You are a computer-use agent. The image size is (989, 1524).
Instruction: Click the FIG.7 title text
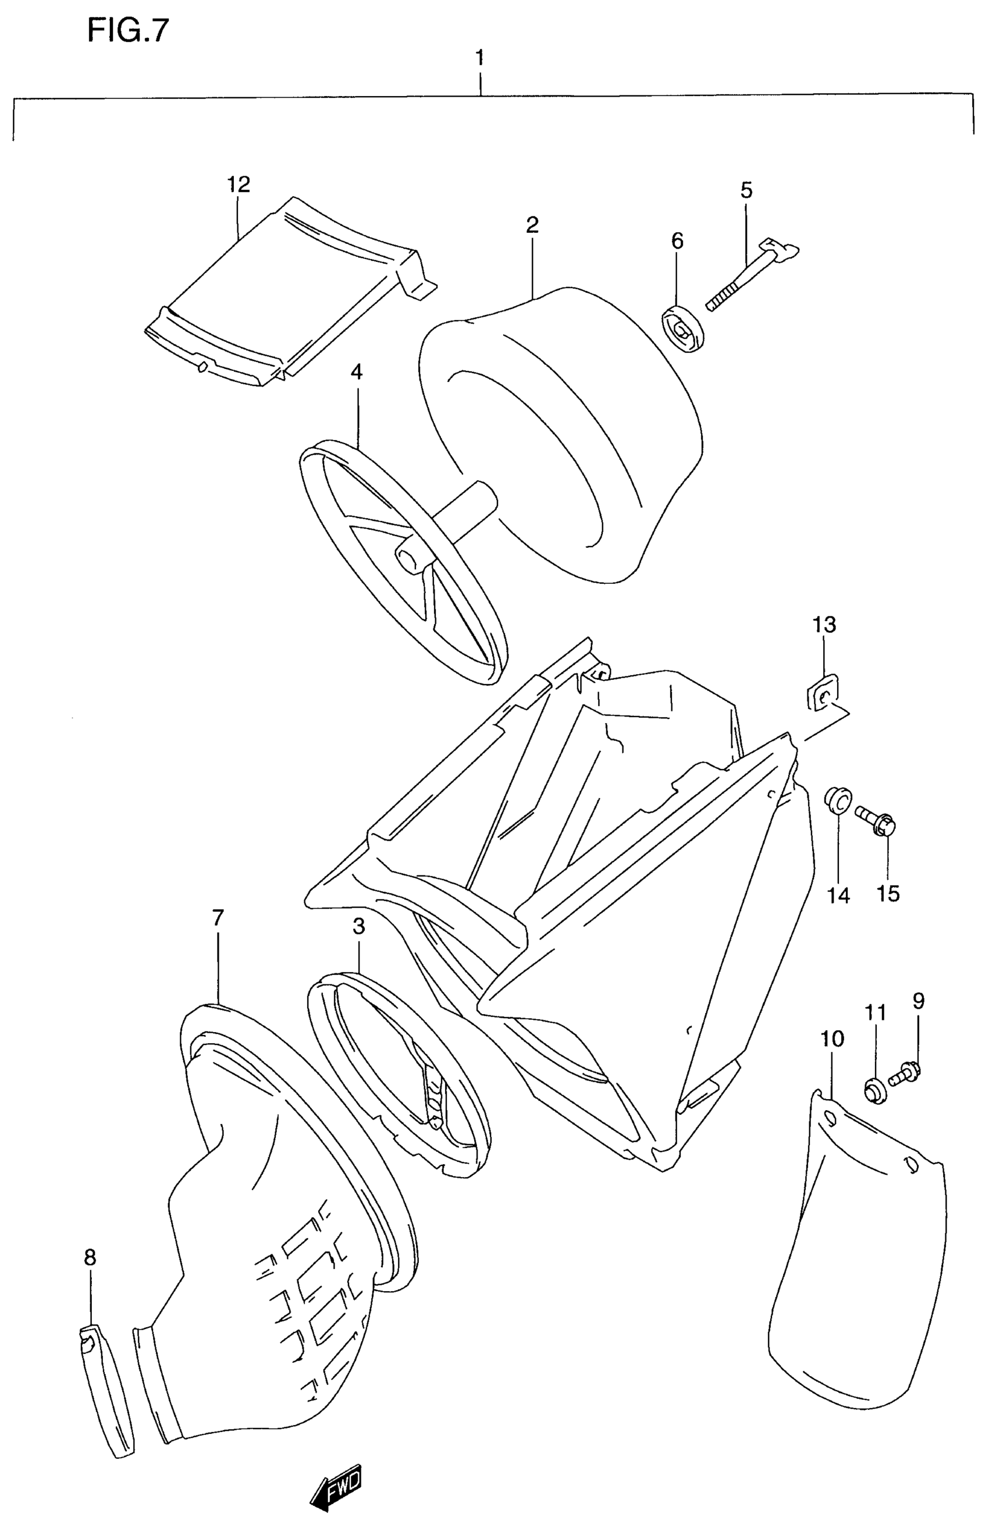pyautogui.click(x=128, y=30)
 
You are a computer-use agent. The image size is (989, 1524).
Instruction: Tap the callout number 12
pyautogui.click(x=238, y=185)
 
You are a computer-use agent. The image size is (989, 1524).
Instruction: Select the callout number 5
pyautogui.click(x=746, y=190)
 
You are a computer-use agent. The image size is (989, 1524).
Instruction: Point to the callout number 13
pyautogui.click(x=824, y=623)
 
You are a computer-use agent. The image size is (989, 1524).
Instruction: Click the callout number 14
pyautogui.click(x=838, y=895)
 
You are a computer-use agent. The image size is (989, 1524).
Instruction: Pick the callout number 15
pyautogui.click(x=888, y=892)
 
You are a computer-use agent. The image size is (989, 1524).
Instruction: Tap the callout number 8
pyautogui.click(x=90, y=1257)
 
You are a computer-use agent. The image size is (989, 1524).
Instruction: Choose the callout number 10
pyautogui.click(x=832, y=1039)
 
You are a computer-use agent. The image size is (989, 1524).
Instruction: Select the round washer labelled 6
pyautogui.click(x=682, y=329)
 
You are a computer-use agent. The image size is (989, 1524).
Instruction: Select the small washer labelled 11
pyautogui.click(x=873, y=1090)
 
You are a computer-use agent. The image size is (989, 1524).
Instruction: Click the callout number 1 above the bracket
pyautogui.click(x=479, y=58)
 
